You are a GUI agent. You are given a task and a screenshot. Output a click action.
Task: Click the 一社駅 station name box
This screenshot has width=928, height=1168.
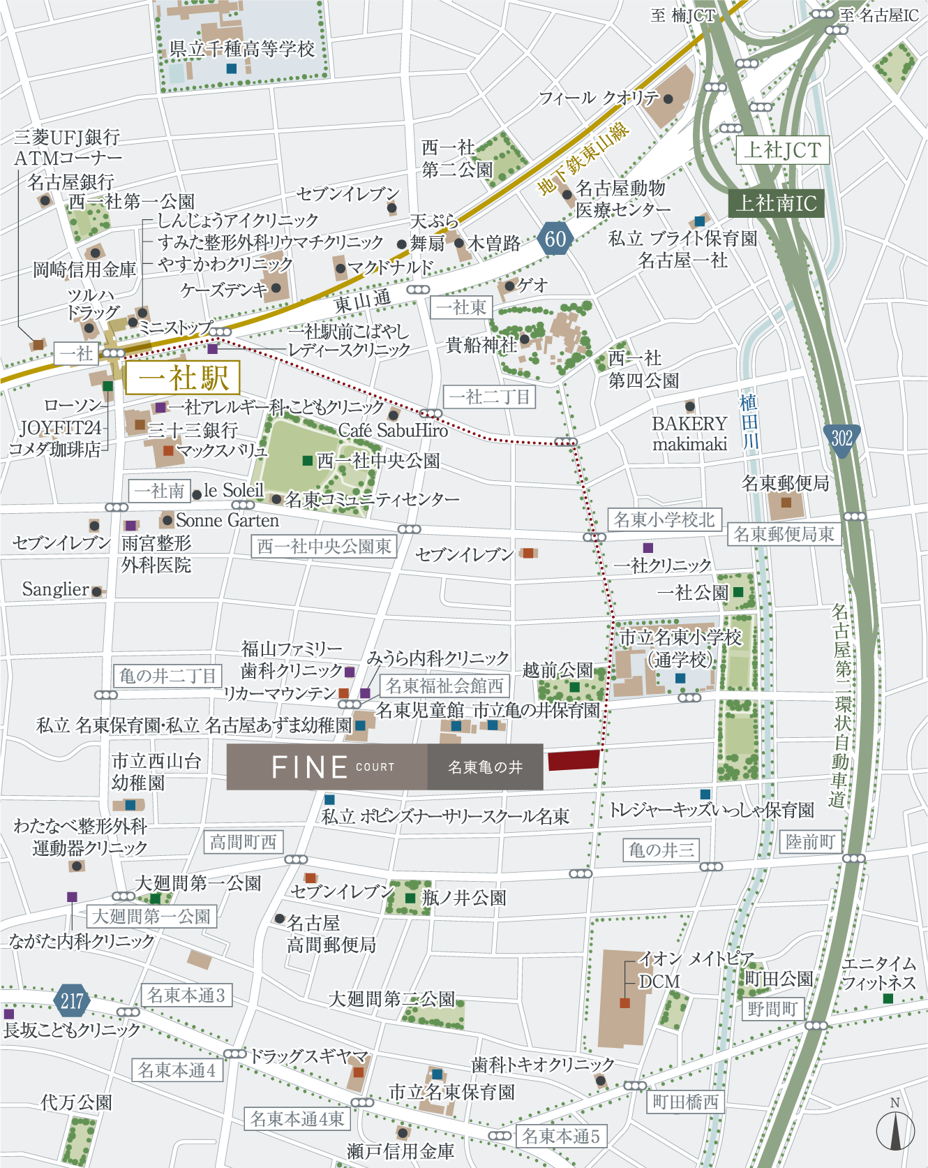[183, 378]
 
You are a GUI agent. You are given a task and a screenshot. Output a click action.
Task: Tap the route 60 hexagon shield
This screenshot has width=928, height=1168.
[555, 239]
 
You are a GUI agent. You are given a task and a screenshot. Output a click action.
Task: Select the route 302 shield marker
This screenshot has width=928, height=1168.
[841, 439]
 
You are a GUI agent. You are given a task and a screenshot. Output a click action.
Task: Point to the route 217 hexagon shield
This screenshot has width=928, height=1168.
[71, 1001]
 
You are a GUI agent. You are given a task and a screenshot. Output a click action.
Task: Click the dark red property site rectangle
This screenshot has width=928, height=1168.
[574, 760]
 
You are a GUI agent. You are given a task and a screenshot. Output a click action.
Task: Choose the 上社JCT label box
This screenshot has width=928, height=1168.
[782, 150]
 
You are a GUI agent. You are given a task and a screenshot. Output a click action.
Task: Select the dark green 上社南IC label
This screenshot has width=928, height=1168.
[776, 203]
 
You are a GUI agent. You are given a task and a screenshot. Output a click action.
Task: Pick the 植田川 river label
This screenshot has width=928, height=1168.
[749, 422]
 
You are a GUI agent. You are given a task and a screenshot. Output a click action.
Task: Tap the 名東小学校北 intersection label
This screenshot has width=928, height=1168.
[664, 519]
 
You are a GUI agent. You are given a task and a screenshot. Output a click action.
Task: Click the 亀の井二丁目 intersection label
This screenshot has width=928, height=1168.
[167, 676]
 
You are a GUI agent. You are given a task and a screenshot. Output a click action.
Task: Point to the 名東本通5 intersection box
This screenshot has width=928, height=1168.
[561, 1136]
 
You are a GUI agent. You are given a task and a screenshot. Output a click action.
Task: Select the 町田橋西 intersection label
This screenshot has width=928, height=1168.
[685, 1102]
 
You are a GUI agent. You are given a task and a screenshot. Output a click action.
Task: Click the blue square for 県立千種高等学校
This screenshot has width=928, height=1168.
[232, 68]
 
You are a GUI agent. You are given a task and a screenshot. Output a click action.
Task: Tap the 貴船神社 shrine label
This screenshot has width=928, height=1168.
[481, 344]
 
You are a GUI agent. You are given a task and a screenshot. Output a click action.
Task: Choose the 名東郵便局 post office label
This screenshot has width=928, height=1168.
[785, 483]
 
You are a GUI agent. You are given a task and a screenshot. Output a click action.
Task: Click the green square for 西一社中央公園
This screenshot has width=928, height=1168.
[307, 461]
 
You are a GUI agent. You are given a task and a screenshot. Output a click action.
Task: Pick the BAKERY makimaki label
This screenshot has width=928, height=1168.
[689, 434]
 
